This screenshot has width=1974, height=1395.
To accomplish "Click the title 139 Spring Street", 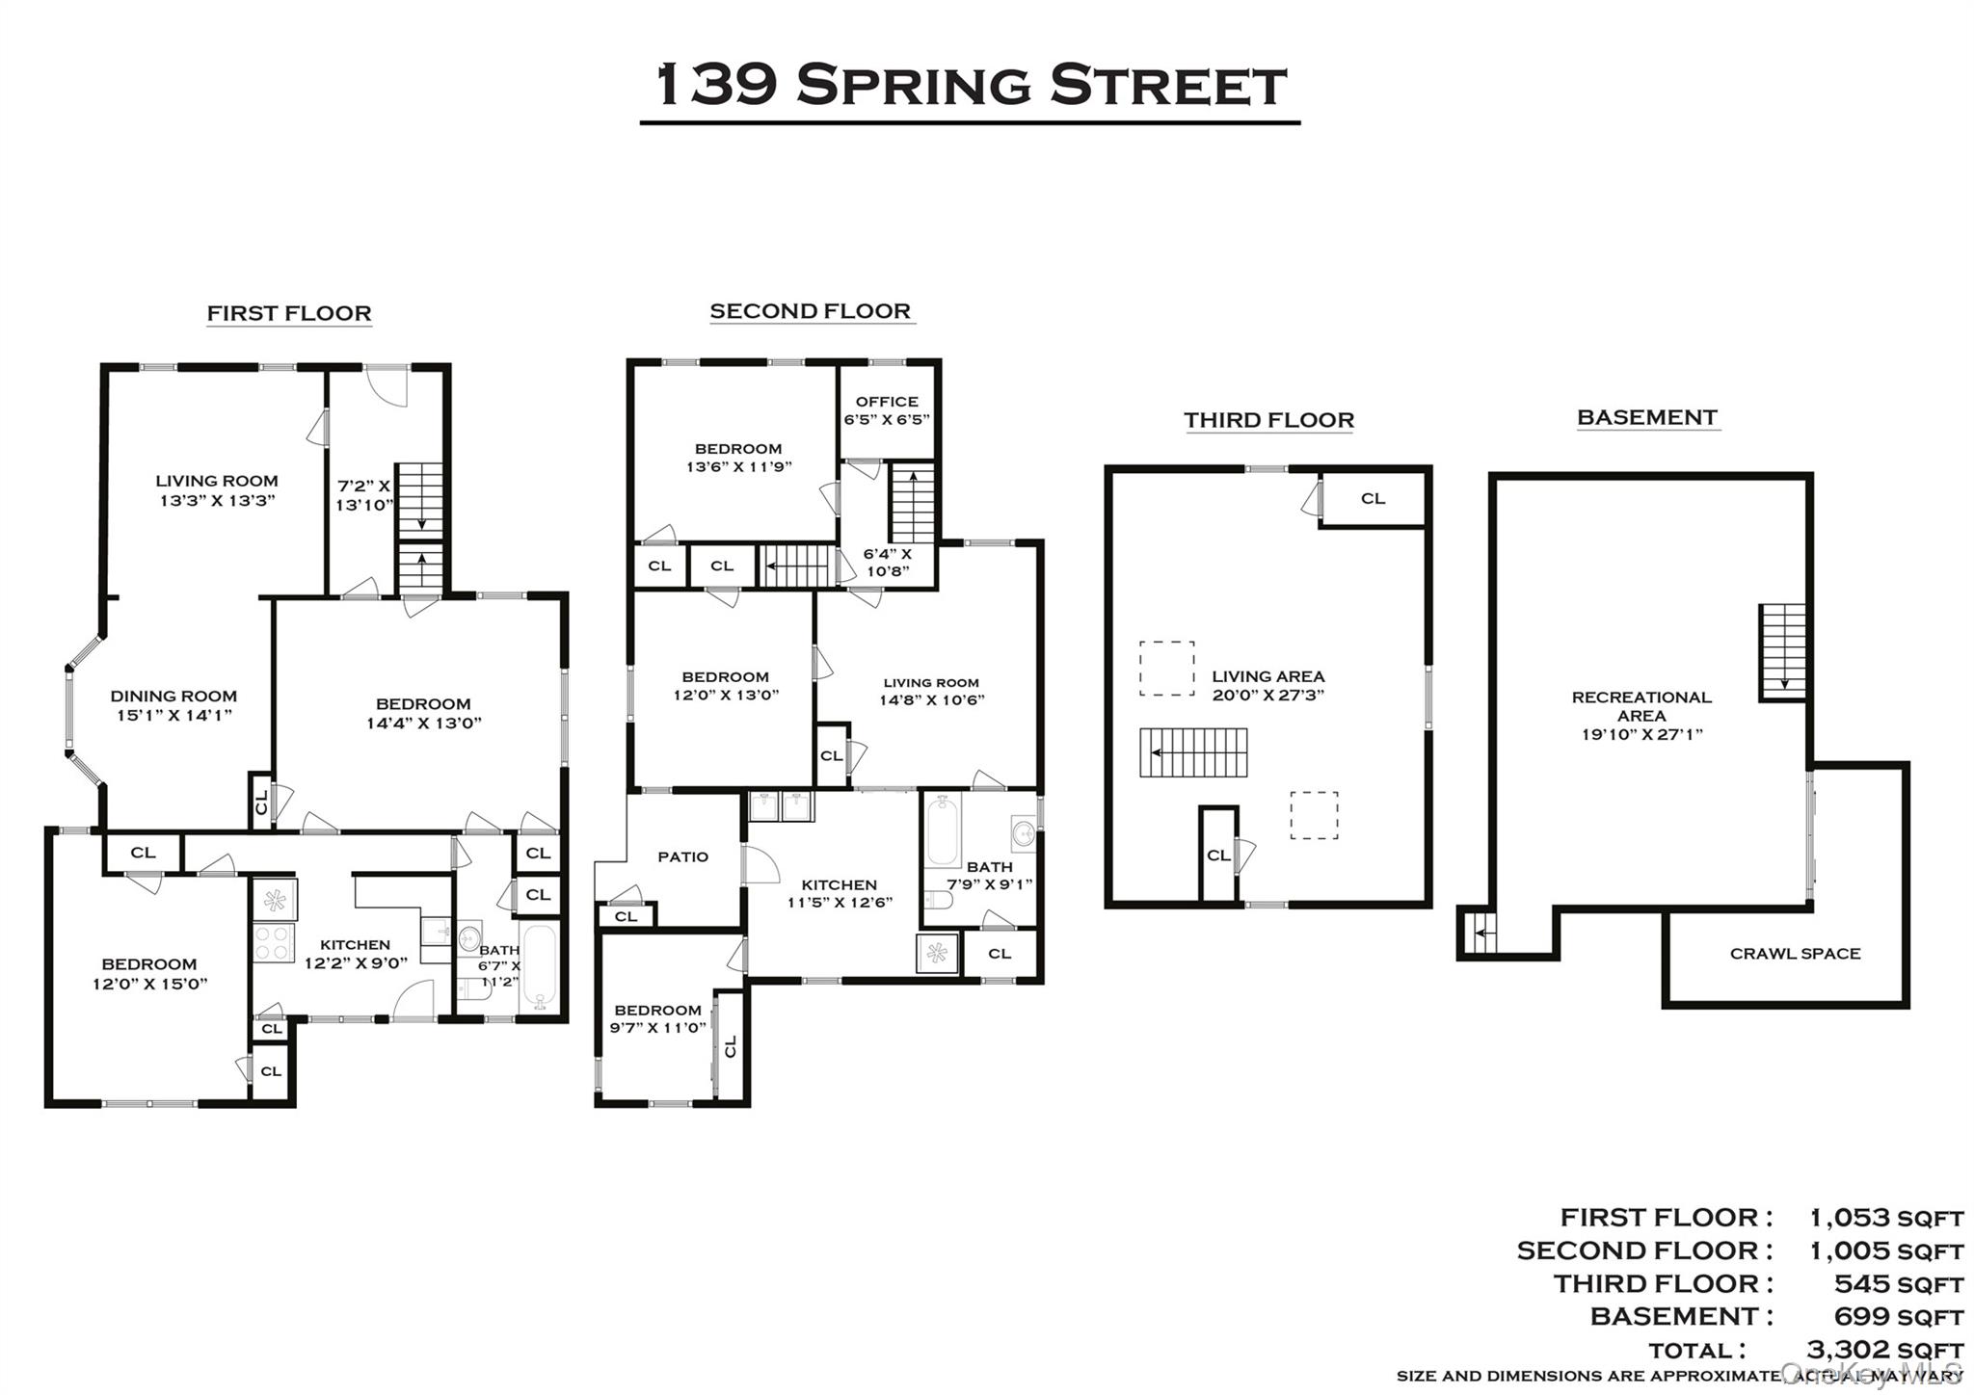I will pyautogui.click(x=970, y=85).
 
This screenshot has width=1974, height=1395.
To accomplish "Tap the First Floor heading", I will pyautogui.click(x=289, y=313).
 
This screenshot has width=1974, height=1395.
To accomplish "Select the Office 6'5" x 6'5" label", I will pyautogui.click(x=887, y=410).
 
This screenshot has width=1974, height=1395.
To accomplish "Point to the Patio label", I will pyautogui.click(x=682, y=856).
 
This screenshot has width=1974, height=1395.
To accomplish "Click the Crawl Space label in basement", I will pyautogui.click(x=1795, y=954).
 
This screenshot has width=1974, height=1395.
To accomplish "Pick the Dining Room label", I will pyautogui.click(x=173, y=705).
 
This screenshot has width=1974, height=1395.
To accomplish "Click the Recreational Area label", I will pyautogui.click(x=1641, y=715).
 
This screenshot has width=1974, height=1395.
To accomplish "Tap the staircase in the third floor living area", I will pyautogui.click(x=1194, y=752).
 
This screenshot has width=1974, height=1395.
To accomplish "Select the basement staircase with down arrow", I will pyautogui.click(x=1782, y=651).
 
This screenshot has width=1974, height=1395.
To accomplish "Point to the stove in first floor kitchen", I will pyautogui.click(x=274, y=943).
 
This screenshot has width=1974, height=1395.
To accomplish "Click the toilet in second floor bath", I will pyautogui.click(x=938, y=900).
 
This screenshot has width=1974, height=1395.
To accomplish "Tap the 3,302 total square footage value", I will pyautogui.click(x=1884, y=1350).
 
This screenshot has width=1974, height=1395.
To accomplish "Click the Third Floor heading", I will pyautogui.click(x=1268, y=420).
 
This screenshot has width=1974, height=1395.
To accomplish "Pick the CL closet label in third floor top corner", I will pyautogui.click(x=1373, y=498).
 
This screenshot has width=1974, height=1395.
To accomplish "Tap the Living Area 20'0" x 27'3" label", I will pyautogui.click(x=1267, y=685).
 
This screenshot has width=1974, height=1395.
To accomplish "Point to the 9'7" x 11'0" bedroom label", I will pyautogui.click(x=657, y=1018).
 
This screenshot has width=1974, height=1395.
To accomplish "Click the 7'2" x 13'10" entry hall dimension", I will pyautogui.click(x=363, y=495).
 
